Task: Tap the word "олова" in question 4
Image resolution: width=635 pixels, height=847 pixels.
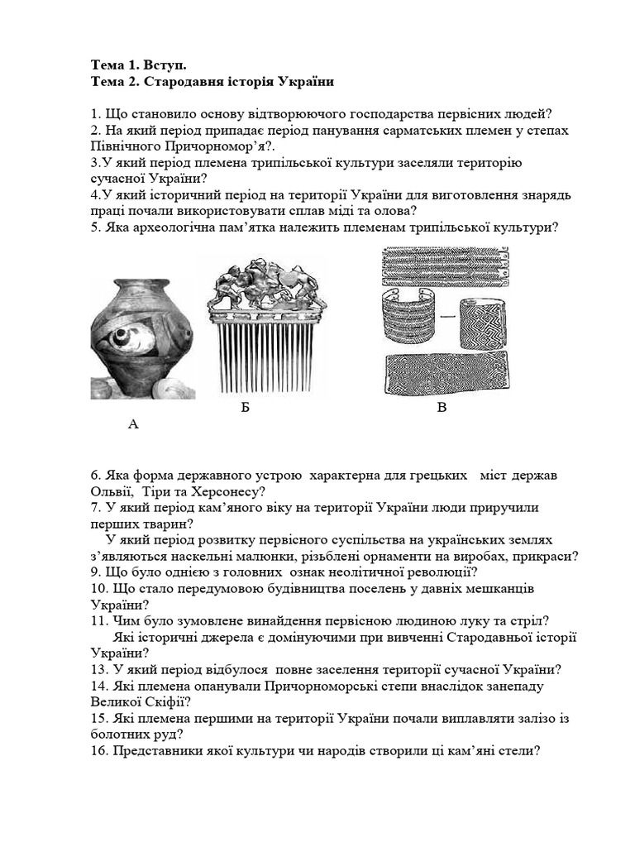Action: (374, 212)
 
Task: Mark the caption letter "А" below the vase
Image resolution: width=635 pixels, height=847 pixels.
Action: (133, 424)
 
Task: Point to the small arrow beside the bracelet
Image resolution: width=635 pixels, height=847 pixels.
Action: (451, 315)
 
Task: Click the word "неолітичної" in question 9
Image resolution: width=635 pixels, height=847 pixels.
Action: (332, 572)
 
